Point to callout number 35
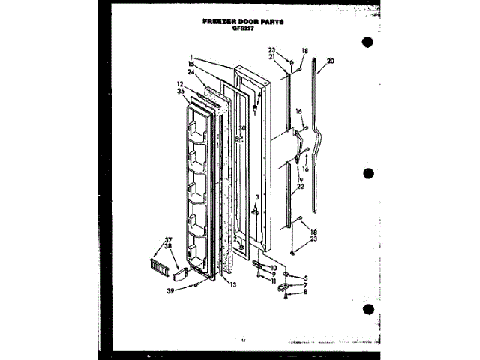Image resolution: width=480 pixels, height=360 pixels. click(x=180, y=91)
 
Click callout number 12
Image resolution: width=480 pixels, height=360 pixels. click(x=180, y=83)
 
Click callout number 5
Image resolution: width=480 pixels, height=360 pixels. click(x=305, y=277)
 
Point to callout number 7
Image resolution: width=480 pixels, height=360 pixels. click(x=305, y=284)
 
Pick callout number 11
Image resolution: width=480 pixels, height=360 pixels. click(x=274, y=280)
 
